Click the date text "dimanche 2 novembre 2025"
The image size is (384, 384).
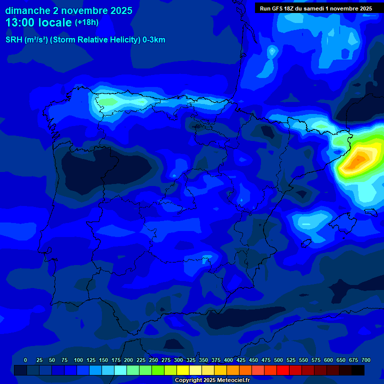click(68, 10)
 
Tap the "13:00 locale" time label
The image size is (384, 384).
click(38, 22)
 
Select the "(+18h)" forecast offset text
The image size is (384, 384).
click(87, 22)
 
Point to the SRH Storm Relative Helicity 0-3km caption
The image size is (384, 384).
click(85, 40)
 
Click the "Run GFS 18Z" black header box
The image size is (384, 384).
click(315, 8)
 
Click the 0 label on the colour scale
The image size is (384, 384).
click(25, 360)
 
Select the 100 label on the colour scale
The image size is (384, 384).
click(78, 360)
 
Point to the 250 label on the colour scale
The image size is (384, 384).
click(153, 360)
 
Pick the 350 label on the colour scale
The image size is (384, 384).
click(203, 360)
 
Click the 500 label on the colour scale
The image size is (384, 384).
click(278, 360)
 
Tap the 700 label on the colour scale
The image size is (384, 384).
click(365, 360)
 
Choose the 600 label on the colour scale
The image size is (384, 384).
click(328, 360)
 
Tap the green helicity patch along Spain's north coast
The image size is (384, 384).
click(106, 101)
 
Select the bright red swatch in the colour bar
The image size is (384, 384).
click(283, 370)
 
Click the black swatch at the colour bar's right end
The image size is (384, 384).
click(358, 370)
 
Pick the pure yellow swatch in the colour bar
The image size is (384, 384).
click(183, 370)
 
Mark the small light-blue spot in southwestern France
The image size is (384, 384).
click(272, 50)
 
